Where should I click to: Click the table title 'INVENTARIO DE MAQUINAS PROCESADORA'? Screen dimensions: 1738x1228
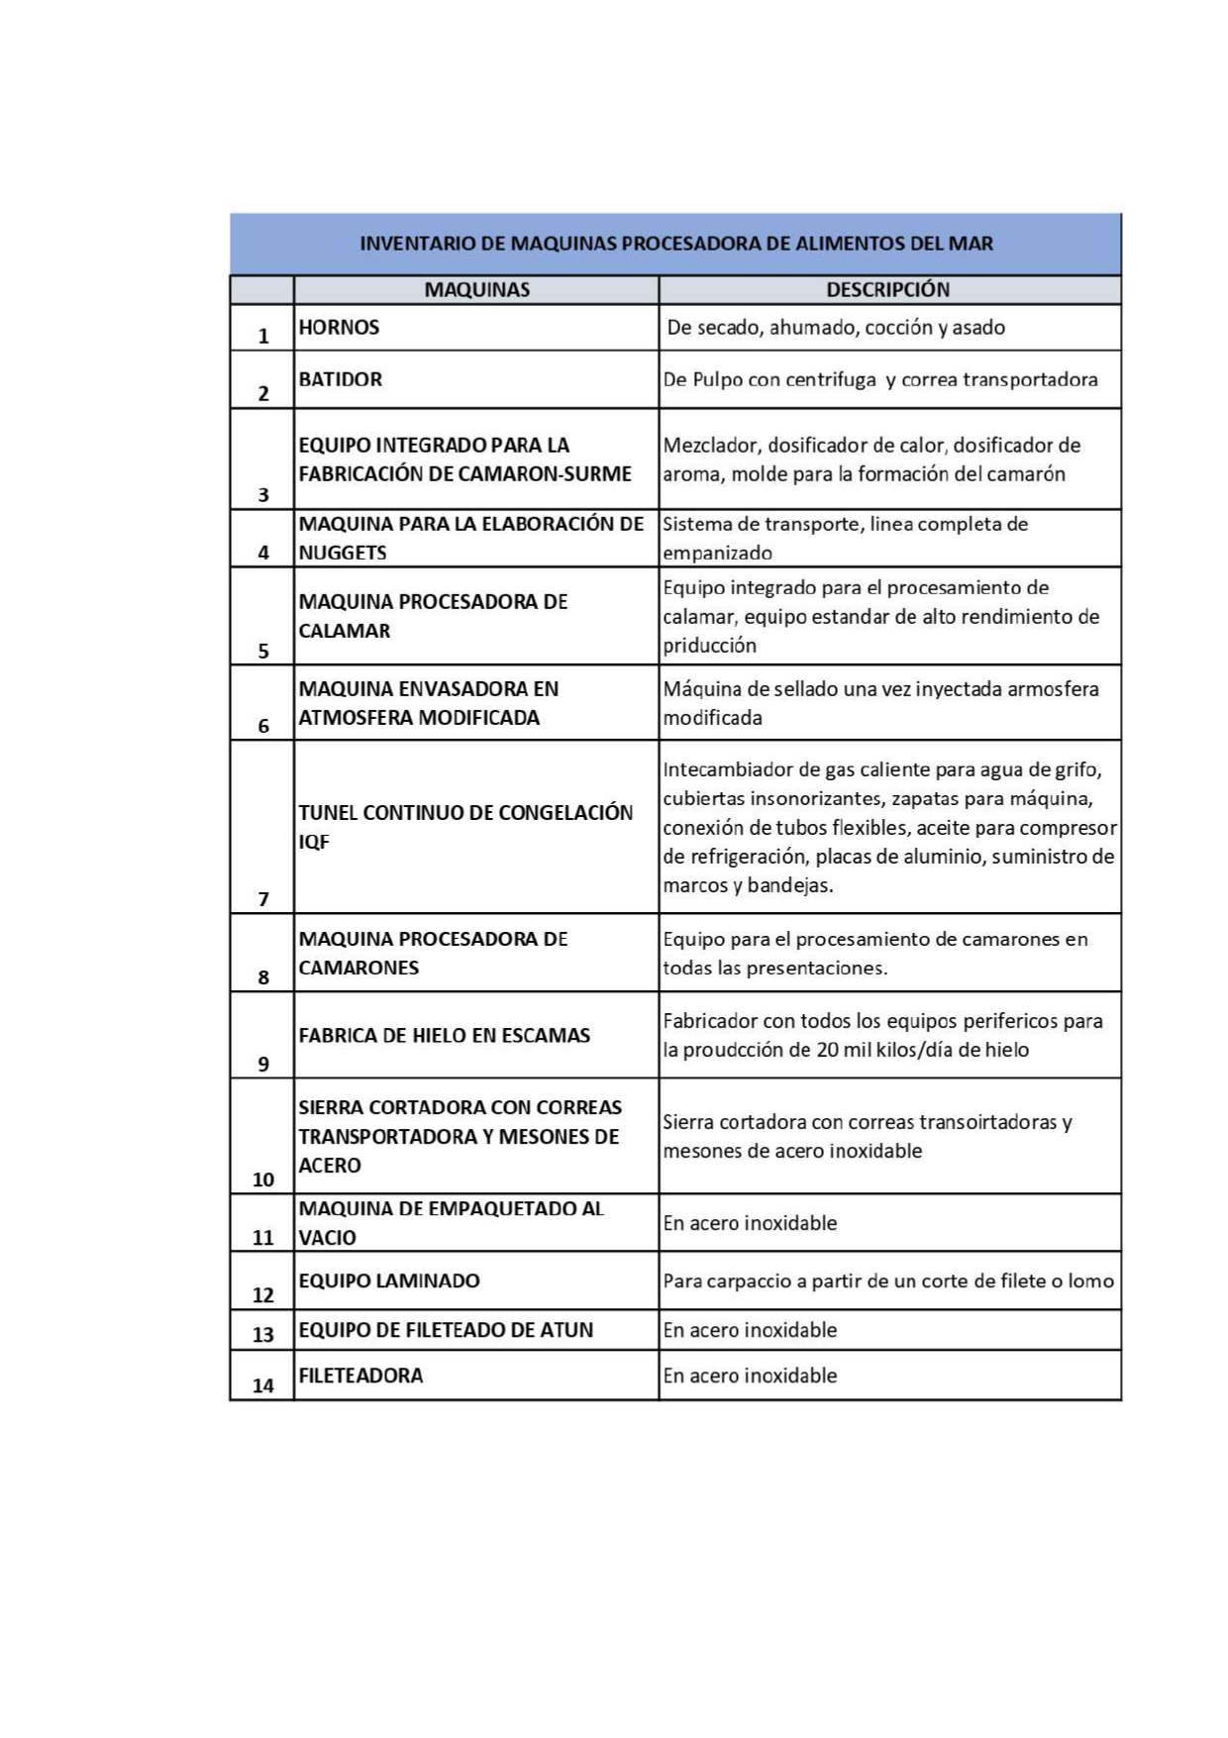coord(675,244)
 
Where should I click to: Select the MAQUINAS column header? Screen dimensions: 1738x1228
coord(476,290)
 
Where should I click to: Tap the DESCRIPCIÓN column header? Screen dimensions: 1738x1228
coord(887,290)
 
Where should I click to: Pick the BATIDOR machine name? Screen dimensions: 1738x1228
coord(340,379)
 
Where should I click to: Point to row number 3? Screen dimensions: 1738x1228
coord(262,495)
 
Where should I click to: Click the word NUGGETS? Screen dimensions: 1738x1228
coord(343,553)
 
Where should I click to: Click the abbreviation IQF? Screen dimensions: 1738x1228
coord(314,843)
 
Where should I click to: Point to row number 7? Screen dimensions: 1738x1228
coord(262,899)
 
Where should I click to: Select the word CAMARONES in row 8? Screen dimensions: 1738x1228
coord(358,968)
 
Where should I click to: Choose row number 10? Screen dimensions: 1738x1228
coord(262,1179)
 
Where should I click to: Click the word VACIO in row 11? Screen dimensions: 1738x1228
coord(327,1238)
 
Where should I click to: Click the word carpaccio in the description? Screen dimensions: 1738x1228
coord(756,1281)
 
